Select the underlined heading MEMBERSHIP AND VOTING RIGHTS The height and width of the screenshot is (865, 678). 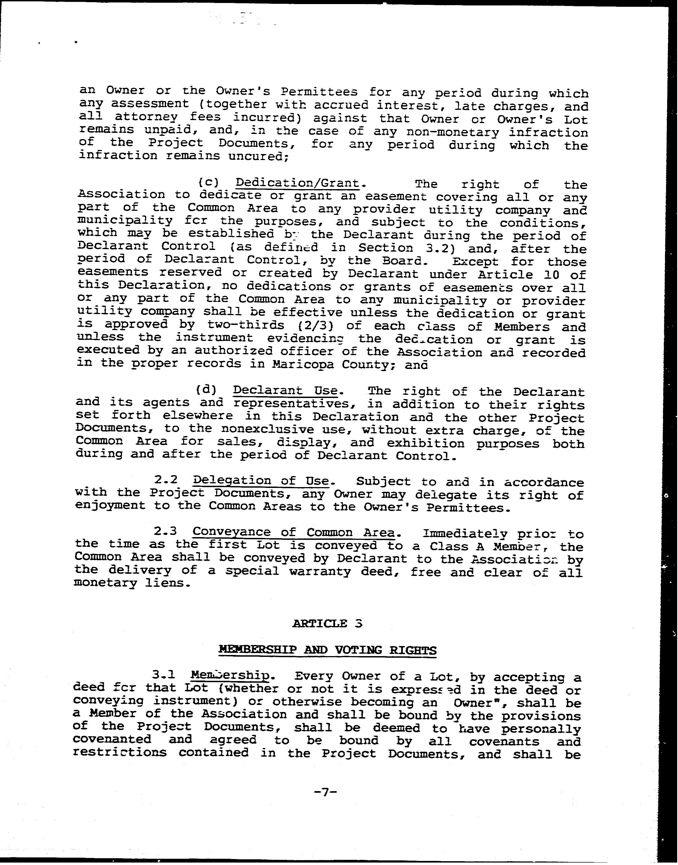[328, 650]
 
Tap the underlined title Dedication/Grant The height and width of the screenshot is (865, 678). [297, 183]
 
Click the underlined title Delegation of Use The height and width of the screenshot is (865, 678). [261, 481]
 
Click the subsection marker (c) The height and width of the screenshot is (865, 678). [209, 183]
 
